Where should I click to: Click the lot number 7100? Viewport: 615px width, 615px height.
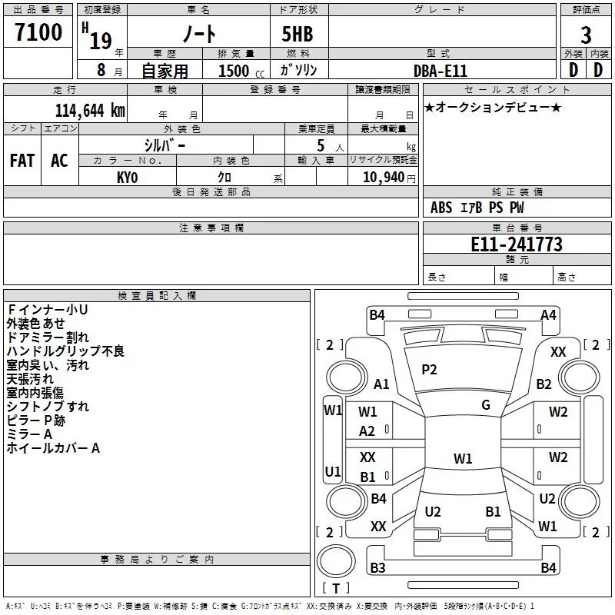(38, 32)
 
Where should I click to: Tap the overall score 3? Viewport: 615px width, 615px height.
(586, 35)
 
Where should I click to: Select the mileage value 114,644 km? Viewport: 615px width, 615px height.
(90, 111)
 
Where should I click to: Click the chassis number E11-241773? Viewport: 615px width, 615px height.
(516, 244)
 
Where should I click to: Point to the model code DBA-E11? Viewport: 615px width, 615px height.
(440, 71)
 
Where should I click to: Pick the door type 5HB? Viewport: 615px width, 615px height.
(298, 34)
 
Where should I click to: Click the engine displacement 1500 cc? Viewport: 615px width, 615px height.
(241, 71)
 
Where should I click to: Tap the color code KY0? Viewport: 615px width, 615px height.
(127, 178)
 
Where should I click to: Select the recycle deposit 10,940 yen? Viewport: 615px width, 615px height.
(389, 178)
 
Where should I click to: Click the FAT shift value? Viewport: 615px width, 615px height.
(22, 161)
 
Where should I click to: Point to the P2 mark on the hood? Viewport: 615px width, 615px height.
(429, 370)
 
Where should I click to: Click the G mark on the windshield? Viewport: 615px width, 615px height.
(486, 405)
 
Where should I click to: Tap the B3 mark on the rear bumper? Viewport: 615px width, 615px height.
(377, 567)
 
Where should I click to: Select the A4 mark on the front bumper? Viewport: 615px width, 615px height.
(548, 315)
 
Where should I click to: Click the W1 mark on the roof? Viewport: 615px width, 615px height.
(463, 458)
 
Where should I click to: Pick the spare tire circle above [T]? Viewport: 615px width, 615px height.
(336, 561)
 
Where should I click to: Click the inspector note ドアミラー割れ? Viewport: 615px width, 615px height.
(48, 337)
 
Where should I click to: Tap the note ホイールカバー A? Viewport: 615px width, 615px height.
(53, 448)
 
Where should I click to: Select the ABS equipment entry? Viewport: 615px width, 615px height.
(440, 208)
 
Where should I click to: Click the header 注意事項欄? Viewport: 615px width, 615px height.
(211, 228)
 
